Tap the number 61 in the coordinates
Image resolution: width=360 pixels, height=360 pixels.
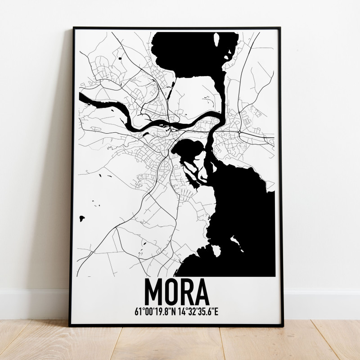coord(137,310)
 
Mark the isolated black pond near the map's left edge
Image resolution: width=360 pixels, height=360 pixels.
coord(82,219)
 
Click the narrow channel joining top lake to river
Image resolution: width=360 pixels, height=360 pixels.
coord(219,94)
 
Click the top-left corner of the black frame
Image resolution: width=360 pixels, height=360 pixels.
coord(74,28)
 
